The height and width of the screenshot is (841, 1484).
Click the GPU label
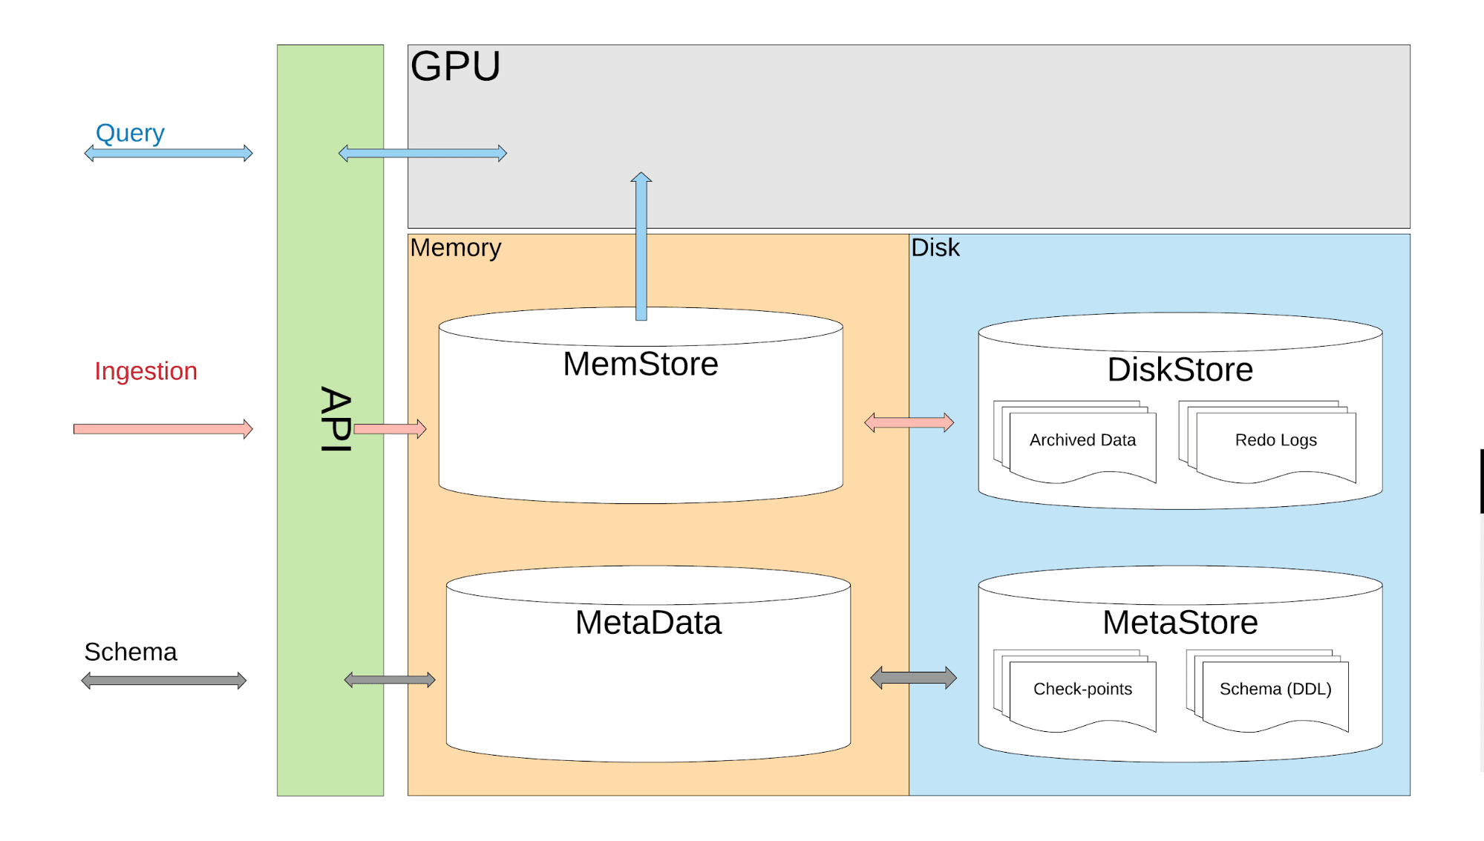[455, 67]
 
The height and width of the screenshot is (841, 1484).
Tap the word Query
[130, 133]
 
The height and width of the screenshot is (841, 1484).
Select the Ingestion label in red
[146, 371]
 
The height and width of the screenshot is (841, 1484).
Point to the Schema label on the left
[131, 652]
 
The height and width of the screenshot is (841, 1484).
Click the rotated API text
[336, 419]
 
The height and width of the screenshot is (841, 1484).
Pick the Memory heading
[455, 248]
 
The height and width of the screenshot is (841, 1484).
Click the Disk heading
[935, 248]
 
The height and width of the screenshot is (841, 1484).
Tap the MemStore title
[640, 364]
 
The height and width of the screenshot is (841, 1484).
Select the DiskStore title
[1180, 370]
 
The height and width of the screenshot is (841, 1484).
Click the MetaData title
[647, 623]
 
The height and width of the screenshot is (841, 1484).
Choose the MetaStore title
[1180, 623]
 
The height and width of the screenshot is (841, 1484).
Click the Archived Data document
[1082, 441]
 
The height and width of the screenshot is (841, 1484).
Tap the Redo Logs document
[1275, 441]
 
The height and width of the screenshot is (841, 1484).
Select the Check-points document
[1082, 690]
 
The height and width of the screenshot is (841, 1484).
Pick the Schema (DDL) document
[1275, 690]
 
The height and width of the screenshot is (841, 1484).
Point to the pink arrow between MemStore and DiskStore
[909, 423]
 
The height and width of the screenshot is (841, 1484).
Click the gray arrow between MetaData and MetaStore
[913, 678]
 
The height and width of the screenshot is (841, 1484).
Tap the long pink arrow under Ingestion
[163, 429]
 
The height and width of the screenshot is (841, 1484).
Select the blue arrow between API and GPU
[422, 154]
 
